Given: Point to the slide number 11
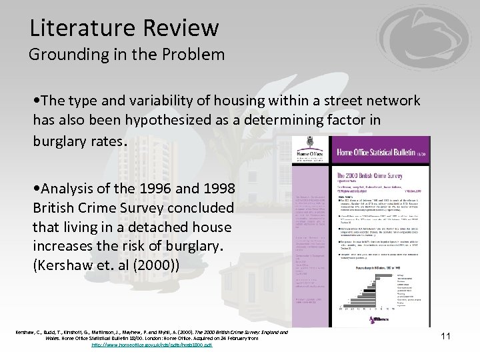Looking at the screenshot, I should (445, 337).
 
